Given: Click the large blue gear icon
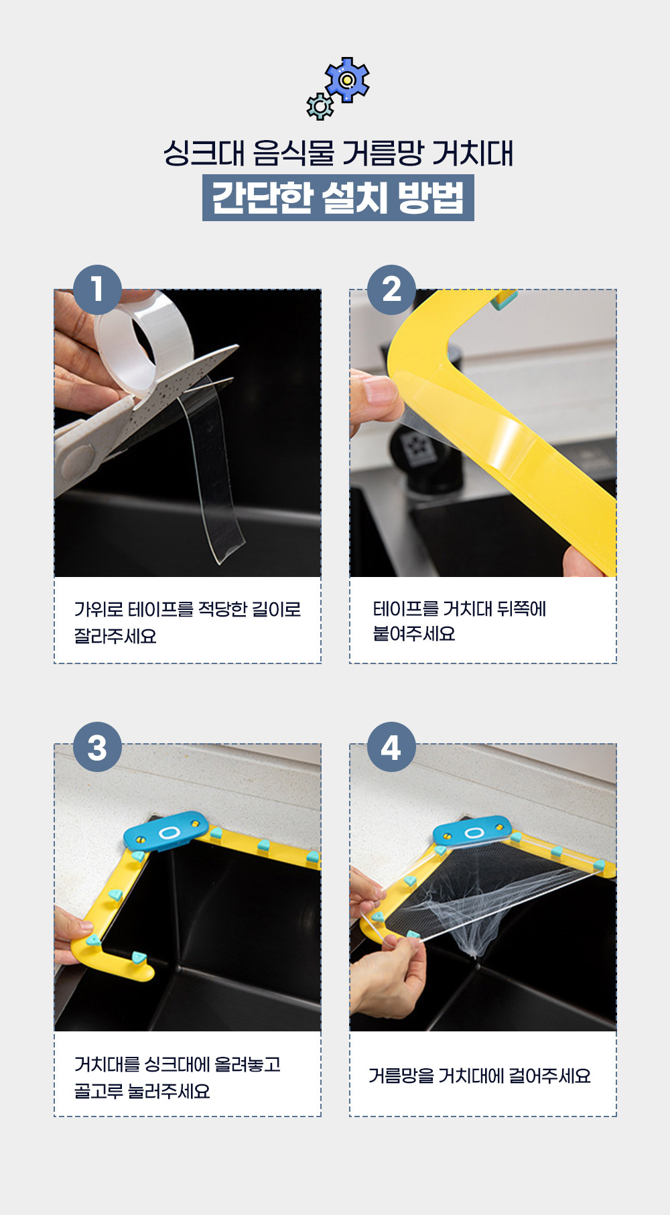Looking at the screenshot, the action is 347,80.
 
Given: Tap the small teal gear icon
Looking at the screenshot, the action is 320,107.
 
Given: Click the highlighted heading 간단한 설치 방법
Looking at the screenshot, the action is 338,198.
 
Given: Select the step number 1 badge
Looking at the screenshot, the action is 97,290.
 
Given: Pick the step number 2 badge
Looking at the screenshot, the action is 391,290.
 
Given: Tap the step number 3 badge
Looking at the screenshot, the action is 97,747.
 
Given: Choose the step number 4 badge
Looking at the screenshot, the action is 391,747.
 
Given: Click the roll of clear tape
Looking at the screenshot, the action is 144,342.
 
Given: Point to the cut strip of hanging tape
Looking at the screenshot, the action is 211,469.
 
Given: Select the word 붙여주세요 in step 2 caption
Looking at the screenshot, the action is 414,633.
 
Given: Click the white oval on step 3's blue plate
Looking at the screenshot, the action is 169,832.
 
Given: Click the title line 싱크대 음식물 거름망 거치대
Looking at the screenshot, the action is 338,153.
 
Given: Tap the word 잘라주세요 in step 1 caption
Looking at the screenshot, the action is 115,636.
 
